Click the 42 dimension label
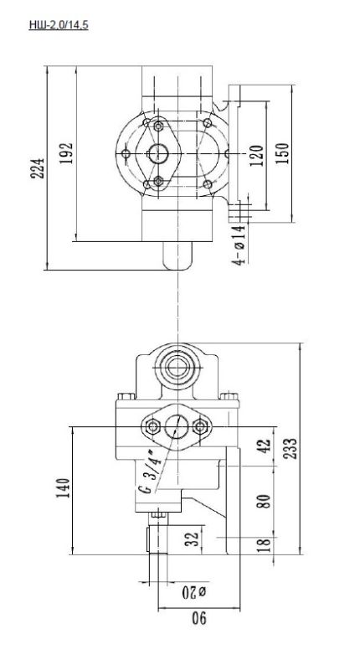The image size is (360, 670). pos(265,447)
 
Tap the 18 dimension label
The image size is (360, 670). pos(265,546)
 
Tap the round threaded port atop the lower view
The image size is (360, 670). pos(178,365)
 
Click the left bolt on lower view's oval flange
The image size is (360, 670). pos(153,428)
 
